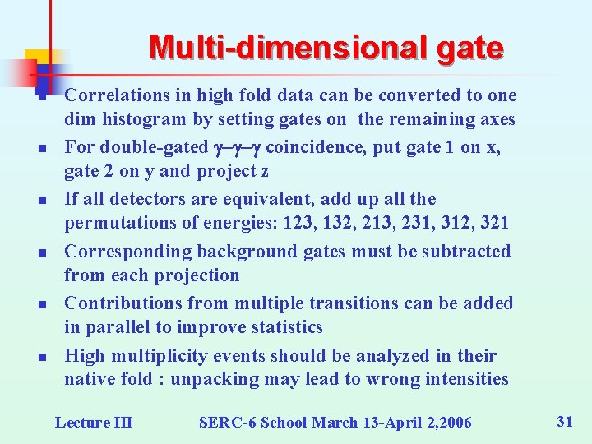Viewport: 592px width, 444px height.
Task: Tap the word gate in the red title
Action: (x=470, y=48)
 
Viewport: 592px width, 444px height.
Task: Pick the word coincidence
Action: (x=319, y=147)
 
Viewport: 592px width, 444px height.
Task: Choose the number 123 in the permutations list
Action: (x=293, y=223)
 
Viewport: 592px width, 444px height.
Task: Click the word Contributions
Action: (x=118, y=303)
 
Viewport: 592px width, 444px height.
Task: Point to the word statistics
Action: (x=283, y=326)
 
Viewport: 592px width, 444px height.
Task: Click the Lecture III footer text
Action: (x=93, y=422)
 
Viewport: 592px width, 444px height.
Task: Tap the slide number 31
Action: (x=564, y=421)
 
